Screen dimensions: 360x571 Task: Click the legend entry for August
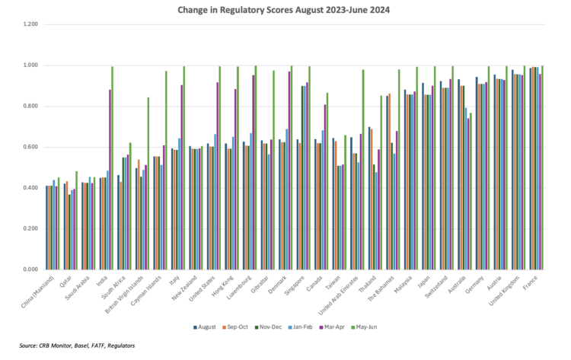point(203,327)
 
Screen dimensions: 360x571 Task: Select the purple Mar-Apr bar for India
point(110,179)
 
